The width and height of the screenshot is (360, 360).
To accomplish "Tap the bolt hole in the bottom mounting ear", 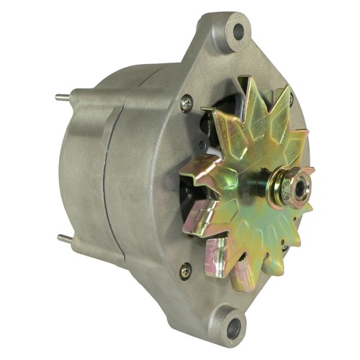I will click(232, 331).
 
